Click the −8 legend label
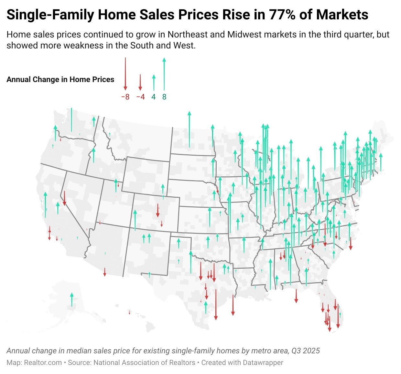[x=125, y=97]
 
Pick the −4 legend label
[x=140, y=97]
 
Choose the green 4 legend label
[x=154, y=97]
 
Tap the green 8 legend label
[x=164, y=97]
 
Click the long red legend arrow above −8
[x=125, y=74]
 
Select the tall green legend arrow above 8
[x=164, y=74]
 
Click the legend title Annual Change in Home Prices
[x=60, y=79]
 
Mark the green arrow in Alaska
[x=72, y=299]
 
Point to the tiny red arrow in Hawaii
[x=129, y=312]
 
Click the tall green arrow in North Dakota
[x=189, y=129]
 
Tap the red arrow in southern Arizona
[x=105, y=272]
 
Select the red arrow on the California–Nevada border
[x=64, y=198]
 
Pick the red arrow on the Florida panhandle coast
[x=296, y=296]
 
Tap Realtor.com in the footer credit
[x=43, y=363]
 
